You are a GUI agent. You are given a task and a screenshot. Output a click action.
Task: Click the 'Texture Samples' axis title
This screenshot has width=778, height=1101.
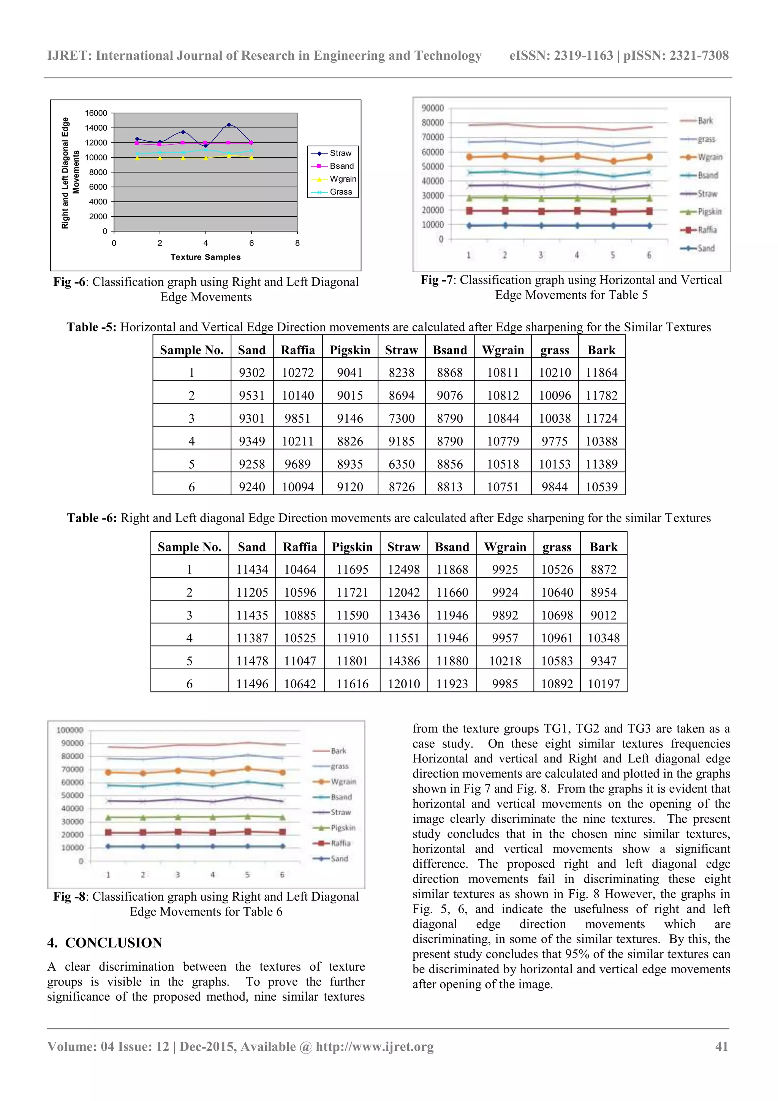tap(205, 257)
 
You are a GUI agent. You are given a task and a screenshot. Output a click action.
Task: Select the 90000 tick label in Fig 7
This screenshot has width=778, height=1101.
tap(432, 108)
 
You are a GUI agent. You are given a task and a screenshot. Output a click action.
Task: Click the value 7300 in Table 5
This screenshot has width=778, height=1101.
tap(401, 418)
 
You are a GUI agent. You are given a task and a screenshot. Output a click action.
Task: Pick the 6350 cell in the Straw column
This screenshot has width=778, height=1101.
tap(401, 464)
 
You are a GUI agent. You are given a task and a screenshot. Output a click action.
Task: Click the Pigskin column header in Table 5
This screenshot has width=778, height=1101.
tap(350, 350)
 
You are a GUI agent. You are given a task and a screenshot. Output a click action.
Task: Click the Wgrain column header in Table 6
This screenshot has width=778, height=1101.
tap(505, 547)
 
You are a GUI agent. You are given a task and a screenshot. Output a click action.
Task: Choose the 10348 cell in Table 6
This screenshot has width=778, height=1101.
tap(604, 638)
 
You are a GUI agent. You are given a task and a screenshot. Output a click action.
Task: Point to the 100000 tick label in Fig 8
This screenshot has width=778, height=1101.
tap(70, 730)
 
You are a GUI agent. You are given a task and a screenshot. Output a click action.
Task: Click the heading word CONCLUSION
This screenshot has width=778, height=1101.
tap(114, 943)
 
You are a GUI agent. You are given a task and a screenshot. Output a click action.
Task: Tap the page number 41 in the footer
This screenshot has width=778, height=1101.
tap(721, 1046)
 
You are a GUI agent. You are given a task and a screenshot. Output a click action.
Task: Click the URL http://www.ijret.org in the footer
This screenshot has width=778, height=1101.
tap(375, 1046)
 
